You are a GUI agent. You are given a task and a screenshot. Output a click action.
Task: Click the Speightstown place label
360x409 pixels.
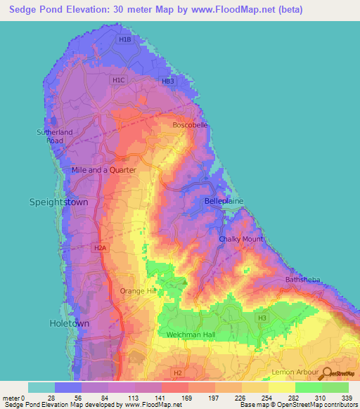pos(58,202)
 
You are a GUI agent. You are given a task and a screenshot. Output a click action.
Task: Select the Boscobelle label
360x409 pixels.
pos(190,125)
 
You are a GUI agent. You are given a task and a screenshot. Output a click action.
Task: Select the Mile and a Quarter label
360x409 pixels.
pos(103,170)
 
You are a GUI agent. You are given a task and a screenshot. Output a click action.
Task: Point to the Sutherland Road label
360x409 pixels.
pos(50,136)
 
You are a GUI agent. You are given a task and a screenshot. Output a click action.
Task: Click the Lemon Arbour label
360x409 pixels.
pos(295,370)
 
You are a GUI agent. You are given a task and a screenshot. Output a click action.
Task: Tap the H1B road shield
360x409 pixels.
pos(124,40)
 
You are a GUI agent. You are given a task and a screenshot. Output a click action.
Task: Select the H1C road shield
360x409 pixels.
pos(118,81)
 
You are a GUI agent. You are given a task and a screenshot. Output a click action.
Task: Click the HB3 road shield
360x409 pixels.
pos(167,82)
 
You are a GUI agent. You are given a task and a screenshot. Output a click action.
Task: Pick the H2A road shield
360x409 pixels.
pos(100,248)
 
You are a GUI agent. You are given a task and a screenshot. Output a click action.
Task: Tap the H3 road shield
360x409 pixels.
pos(262,318)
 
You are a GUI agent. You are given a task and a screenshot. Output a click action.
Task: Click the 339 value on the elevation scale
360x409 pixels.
pos(348,398)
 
